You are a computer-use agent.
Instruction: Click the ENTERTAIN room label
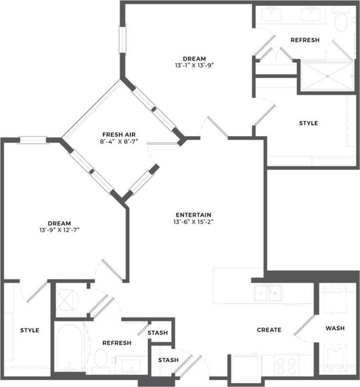click(193, 215)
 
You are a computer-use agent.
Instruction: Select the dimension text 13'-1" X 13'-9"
click(194, 66)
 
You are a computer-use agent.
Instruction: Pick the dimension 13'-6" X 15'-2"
click(193, 222)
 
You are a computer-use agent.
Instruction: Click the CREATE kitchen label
click(269, 330)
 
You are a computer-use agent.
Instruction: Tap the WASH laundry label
click(335, 328)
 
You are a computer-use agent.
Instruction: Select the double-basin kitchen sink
click(269, 293)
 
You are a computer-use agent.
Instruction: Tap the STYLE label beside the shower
click(308, 123)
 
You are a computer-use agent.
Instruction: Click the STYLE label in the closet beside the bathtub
click(29, 330)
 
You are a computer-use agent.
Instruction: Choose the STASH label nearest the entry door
click(168, 360)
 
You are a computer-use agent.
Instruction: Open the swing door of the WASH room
click(305, 325)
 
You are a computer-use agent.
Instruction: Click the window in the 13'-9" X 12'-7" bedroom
click(33, 140)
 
